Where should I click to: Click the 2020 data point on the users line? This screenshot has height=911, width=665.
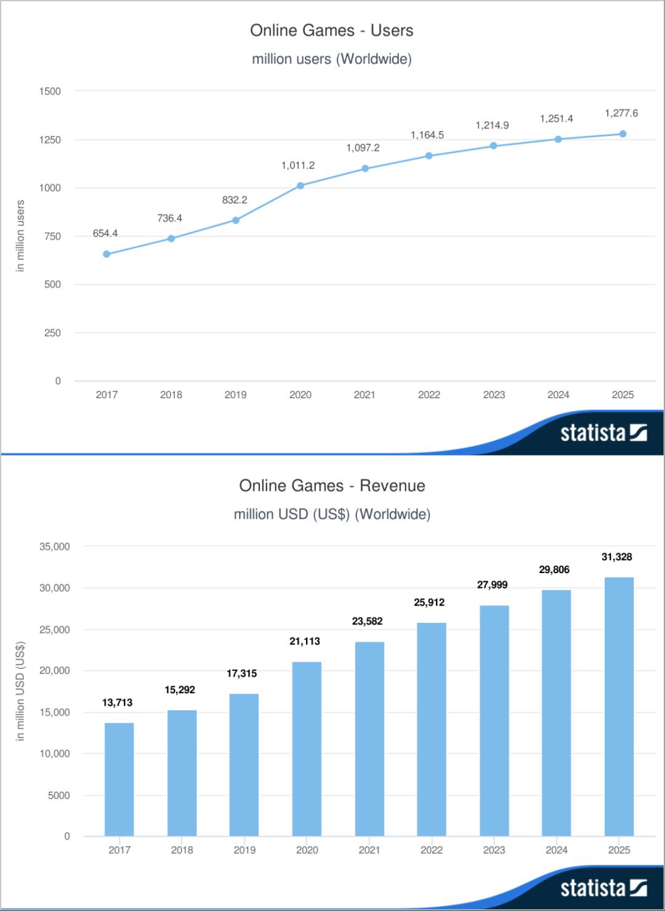click(300, 185)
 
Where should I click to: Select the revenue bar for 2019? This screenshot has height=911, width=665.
click(244, 765)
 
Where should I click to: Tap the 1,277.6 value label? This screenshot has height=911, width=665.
click(621, 113)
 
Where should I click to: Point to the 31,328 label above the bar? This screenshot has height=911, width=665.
click(616, 557)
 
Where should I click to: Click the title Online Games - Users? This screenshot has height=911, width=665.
click(331, 31)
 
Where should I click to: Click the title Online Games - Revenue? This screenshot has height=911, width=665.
click(332, 486)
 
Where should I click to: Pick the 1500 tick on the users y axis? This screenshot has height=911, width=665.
click(50, 91)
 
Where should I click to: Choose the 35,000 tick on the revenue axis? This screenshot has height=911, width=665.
click(55, 547)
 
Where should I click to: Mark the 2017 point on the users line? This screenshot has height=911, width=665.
click(107, 254)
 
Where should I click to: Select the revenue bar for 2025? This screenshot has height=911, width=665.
click(619, 707)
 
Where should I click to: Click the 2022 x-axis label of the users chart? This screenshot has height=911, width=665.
click(429, 395)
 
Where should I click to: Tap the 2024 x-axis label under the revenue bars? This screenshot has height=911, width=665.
click(557, 850)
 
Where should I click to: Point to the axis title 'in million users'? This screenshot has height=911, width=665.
click(20, 236)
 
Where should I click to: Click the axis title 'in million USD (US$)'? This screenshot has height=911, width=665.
click(20, 691)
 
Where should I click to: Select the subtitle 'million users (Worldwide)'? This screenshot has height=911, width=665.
click(331, 59)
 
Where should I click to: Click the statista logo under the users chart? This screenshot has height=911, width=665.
click(603, 433)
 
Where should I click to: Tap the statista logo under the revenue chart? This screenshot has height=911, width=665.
click(603, 888)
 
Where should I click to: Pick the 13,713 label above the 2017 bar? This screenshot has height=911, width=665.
click(117, 702)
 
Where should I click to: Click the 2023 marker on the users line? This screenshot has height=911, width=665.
click(494, 146)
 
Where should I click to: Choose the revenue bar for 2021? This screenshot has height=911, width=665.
click(369, 739)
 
